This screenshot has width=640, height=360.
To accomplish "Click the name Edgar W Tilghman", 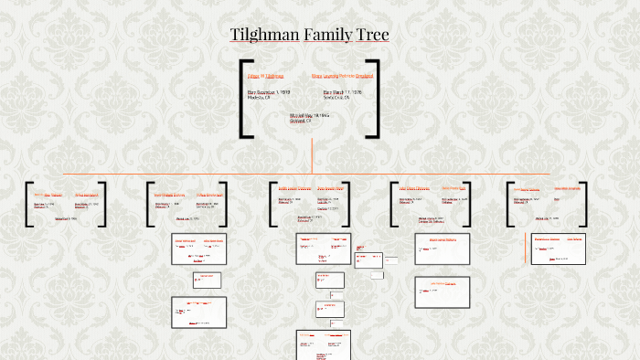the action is pyautogui.click(x=265, y=76).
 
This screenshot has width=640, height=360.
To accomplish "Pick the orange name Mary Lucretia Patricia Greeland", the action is pyautogui.click(x=342, y=76).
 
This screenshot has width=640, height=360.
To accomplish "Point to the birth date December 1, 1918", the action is pyautogui.click(x=269, y=92).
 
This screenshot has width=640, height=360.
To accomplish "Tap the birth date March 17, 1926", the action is pyautogui.click(x=343, y=92).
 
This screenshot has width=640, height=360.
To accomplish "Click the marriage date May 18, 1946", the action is pyautogui.click(x=309, y=116).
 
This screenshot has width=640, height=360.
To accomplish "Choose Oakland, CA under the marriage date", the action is pyautogui.click(x=303, y=121).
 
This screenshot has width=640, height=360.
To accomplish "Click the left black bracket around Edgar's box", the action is pyautogui.click(x=244, y=99).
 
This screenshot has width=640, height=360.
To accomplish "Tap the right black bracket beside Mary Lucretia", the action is pyautogui.click(x=374, y=99).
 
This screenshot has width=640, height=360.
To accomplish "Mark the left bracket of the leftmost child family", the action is pyautogui.click(x=28, y=204).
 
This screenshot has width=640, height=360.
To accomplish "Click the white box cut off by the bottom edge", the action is pyautogui.click(x=324, y=344).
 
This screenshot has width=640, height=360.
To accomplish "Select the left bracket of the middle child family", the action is pyautogui.click(x=272, y=204).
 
